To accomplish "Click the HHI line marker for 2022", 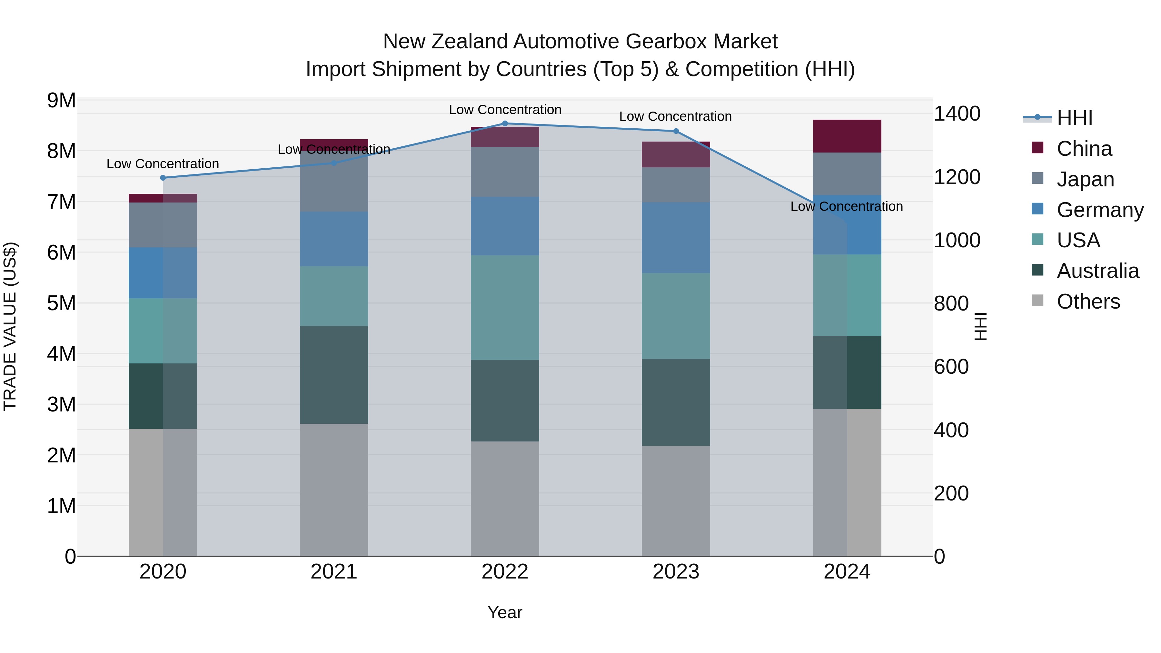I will (x=505, y=124).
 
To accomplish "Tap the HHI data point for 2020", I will (x=163, y=178).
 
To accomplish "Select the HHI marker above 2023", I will (x=676, y=131).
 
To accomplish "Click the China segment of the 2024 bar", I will (x=847, y=136).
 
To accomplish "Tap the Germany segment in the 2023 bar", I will (x=676, y=237).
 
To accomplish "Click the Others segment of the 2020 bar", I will (x=163, y=492).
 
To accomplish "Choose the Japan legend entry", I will (x=1085, y=179).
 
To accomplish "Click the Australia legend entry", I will (x=1097, y=271).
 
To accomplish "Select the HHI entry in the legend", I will (x=1075, y=118).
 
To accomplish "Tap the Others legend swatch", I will (x=1037, y=301).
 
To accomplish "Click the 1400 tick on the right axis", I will (x=957, y=114).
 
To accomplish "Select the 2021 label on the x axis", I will (x=334, y=572).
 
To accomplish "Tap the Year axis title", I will (x=505, y=612).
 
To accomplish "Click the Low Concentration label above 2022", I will (x=505, y=110).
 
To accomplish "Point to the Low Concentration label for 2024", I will (x=847, y=206).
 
